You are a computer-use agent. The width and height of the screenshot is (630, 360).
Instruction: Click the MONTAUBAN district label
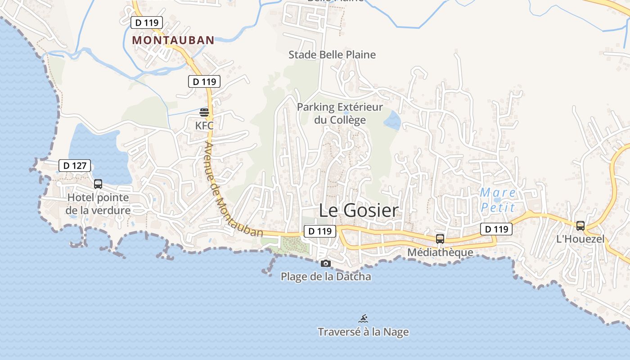[173, 40]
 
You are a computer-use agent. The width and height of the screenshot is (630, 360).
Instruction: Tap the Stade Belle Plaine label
[332, 55]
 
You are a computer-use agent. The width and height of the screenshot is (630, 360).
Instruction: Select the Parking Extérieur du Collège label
[340, 113]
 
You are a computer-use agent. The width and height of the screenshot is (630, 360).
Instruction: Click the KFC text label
[204, 126]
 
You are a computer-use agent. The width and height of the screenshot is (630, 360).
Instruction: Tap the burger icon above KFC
[204, 112]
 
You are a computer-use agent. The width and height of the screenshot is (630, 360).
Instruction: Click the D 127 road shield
[75, 166]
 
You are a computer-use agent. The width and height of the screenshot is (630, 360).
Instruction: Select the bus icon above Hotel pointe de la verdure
[98, 184]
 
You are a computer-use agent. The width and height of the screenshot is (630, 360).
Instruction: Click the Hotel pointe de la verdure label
[98, 204]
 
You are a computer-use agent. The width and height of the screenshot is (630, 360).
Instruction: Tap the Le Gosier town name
[359, 210]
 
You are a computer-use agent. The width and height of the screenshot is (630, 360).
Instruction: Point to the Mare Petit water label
[497, 200]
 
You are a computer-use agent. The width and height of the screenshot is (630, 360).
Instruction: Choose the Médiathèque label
[440, 252]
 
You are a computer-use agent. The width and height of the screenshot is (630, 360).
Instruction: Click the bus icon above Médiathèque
[440, 239]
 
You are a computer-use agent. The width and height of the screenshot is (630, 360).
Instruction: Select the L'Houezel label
[580, 239]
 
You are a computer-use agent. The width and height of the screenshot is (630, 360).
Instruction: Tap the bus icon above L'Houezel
[580, 225]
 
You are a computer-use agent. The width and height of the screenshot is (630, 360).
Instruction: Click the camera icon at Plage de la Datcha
[326, 263]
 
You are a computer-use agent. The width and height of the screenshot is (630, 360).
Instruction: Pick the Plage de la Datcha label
[326, 276]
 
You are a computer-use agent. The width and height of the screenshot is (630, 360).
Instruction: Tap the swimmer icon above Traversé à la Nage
[363, 319]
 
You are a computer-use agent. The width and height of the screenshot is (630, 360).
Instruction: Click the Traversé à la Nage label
[363, 332]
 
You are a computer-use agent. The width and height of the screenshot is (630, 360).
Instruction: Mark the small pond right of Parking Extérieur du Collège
[392, 120]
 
